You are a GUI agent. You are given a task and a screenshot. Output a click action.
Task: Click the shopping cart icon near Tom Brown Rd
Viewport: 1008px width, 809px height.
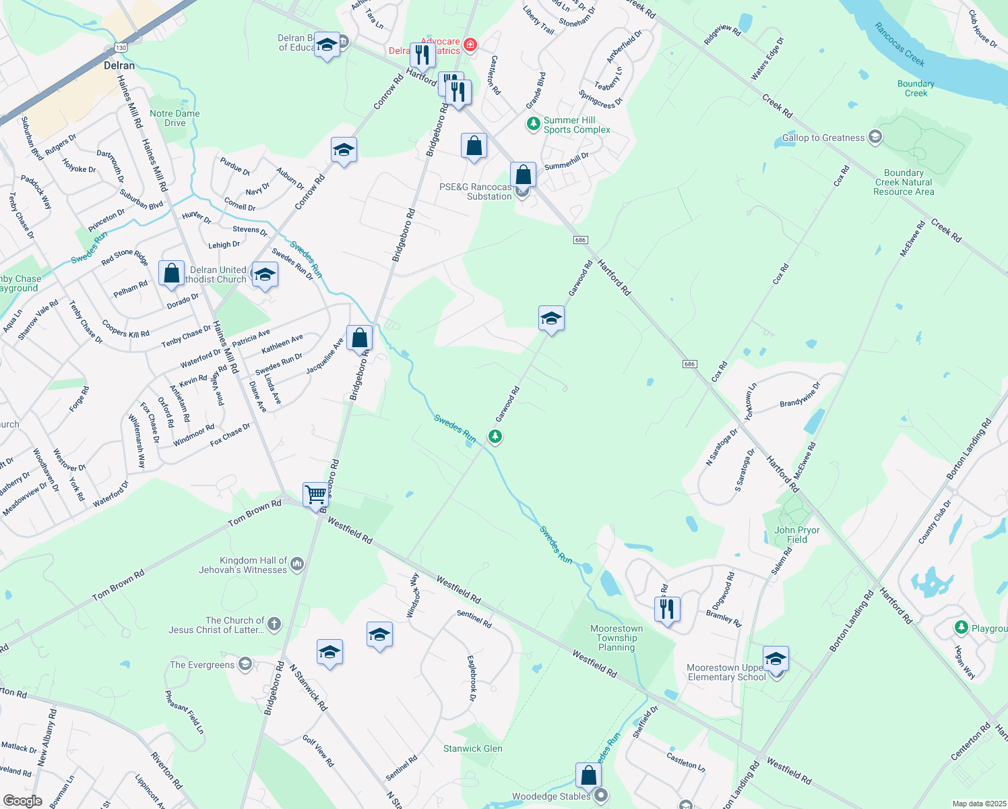tap(315, 495)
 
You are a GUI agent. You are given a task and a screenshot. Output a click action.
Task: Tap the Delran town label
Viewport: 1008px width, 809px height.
tap(119, 65)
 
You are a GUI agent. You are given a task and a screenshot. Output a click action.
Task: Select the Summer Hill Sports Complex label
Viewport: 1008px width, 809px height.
tap(577, 125)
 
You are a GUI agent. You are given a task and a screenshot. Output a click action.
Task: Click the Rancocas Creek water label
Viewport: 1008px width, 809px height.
tap(900, 44)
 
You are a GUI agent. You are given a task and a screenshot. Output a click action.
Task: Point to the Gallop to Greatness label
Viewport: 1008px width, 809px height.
tap(823, 138)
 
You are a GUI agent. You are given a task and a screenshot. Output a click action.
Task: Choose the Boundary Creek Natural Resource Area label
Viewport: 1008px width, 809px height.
tap(904, 183)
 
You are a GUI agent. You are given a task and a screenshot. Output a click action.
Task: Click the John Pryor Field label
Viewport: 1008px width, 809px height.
tap(796, 535)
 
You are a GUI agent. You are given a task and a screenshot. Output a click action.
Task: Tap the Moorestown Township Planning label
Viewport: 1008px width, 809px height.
tap(617, 638)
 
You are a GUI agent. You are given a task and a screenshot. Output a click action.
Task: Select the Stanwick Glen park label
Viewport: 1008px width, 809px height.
tap(472, 748)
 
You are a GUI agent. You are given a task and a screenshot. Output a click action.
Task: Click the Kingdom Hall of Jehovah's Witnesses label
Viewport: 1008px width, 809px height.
tap(243, 565)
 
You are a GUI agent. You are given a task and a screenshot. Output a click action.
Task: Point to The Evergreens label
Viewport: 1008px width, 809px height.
tap(202, 665)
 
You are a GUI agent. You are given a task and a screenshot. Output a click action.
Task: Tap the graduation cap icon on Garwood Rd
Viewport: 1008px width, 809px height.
tap(551, 318)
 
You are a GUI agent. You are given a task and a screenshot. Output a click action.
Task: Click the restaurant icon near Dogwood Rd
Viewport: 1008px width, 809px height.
tap(667, 609)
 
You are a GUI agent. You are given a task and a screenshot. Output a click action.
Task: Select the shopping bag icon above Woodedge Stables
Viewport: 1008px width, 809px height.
tap(588, 775)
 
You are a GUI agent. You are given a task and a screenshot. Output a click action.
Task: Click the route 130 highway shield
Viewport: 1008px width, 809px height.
tap(121, 48)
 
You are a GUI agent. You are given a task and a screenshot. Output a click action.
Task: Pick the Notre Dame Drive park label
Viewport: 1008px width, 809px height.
tap(175, 118)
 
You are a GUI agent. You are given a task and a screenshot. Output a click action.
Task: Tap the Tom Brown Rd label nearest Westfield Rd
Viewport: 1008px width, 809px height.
tap(255, 513)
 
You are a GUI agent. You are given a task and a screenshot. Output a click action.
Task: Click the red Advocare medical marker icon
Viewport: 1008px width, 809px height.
tap(470, 44)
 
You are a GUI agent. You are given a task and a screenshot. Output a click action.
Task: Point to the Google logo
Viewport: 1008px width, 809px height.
tap(22, 801)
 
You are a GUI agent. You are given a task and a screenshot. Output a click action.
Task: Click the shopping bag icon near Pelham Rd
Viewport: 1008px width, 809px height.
tap(172, 273)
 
